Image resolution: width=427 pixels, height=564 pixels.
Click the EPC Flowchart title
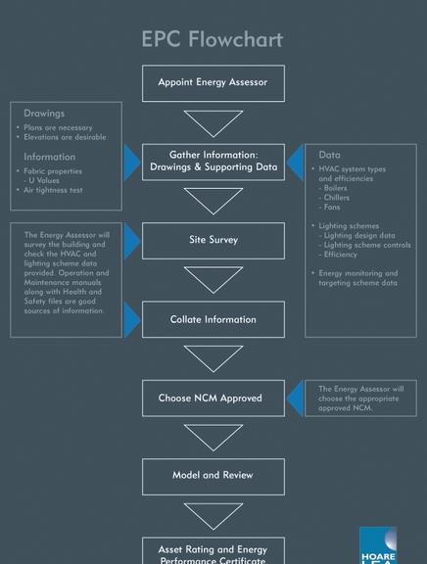coord(213,39)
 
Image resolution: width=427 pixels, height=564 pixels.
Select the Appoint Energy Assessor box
coord(213,83)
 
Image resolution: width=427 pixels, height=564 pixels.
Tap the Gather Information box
coord(213,162)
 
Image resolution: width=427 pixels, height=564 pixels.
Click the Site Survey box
coord(213,240)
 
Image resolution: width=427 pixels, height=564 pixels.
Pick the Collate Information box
coord(213,319)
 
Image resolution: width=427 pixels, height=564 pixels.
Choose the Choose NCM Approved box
coord(213,399)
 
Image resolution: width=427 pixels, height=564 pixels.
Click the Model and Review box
coord(213,476)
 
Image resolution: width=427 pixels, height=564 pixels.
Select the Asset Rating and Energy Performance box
coord(213,551)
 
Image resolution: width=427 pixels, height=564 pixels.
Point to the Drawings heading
coord(44,114)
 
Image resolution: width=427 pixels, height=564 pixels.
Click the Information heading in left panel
coord(49,157)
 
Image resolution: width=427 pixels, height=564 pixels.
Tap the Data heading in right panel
coord(329,155)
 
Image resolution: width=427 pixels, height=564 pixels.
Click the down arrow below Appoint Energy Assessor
coord(213,123)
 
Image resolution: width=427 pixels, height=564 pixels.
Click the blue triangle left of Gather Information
coord(131,162)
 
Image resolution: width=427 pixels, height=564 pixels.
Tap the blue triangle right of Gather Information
coord(295,162)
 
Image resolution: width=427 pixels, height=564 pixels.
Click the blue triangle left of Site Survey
coord(131,241)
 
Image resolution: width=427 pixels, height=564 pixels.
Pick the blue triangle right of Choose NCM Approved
coord(295,399)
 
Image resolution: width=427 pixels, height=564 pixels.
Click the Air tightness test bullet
coord(55,190)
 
